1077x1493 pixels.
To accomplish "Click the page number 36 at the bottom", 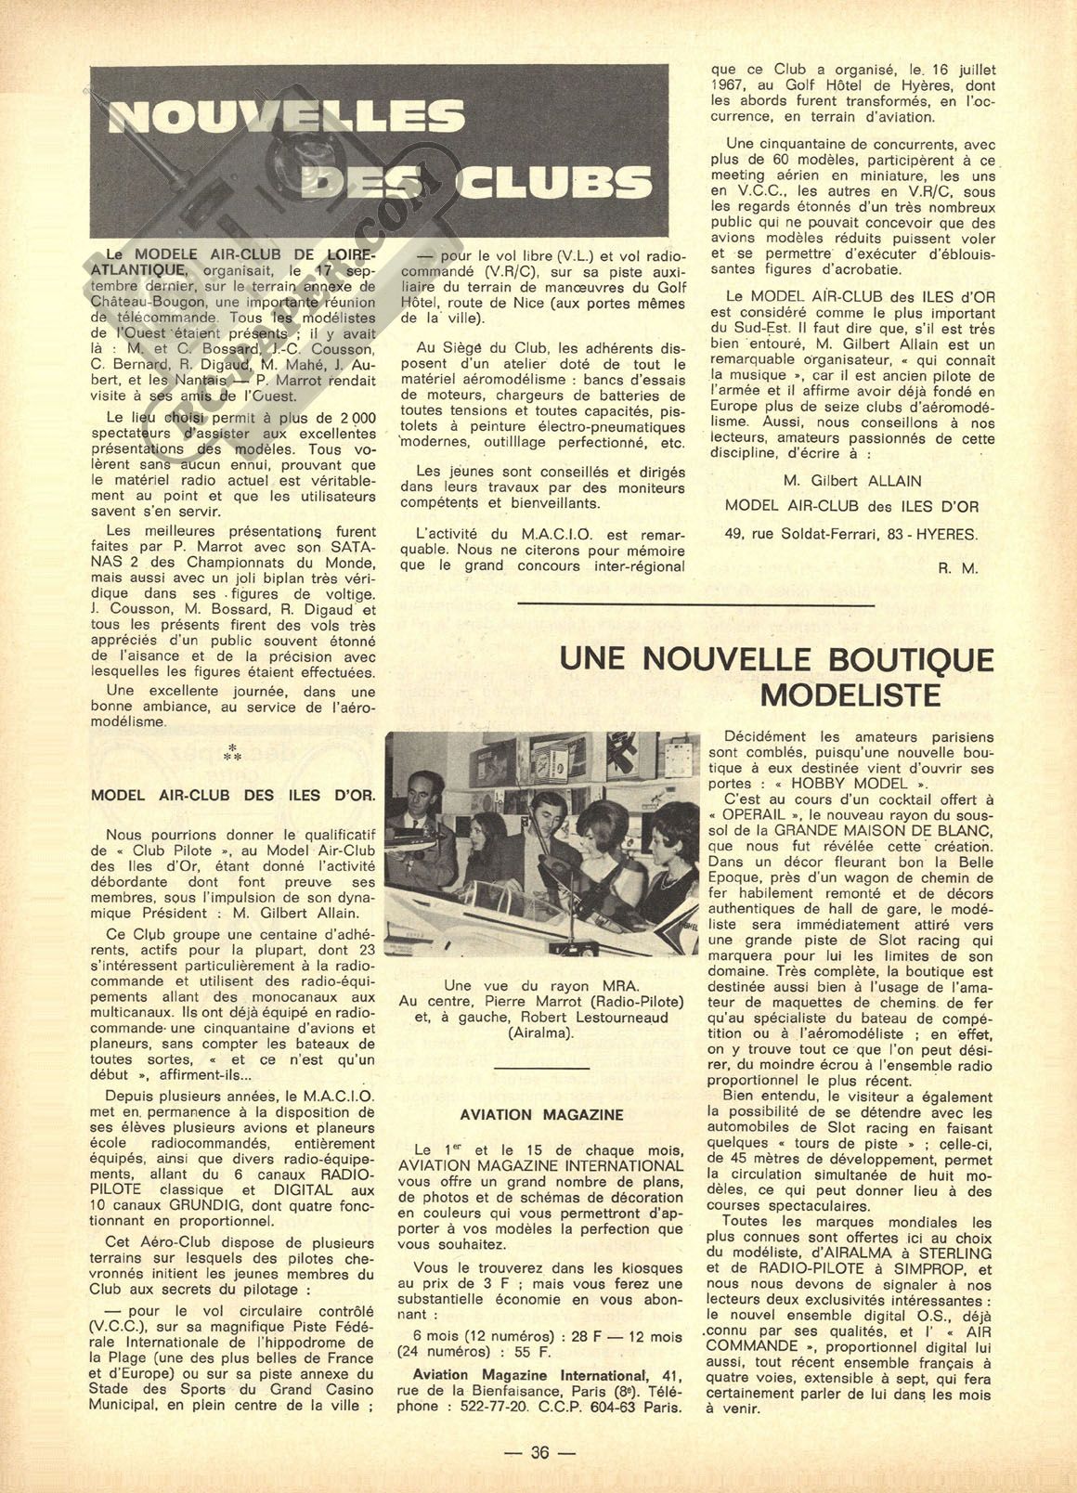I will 538,1452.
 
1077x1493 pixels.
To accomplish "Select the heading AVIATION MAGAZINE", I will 541,1114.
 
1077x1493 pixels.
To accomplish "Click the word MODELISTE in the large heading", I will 850,695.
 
